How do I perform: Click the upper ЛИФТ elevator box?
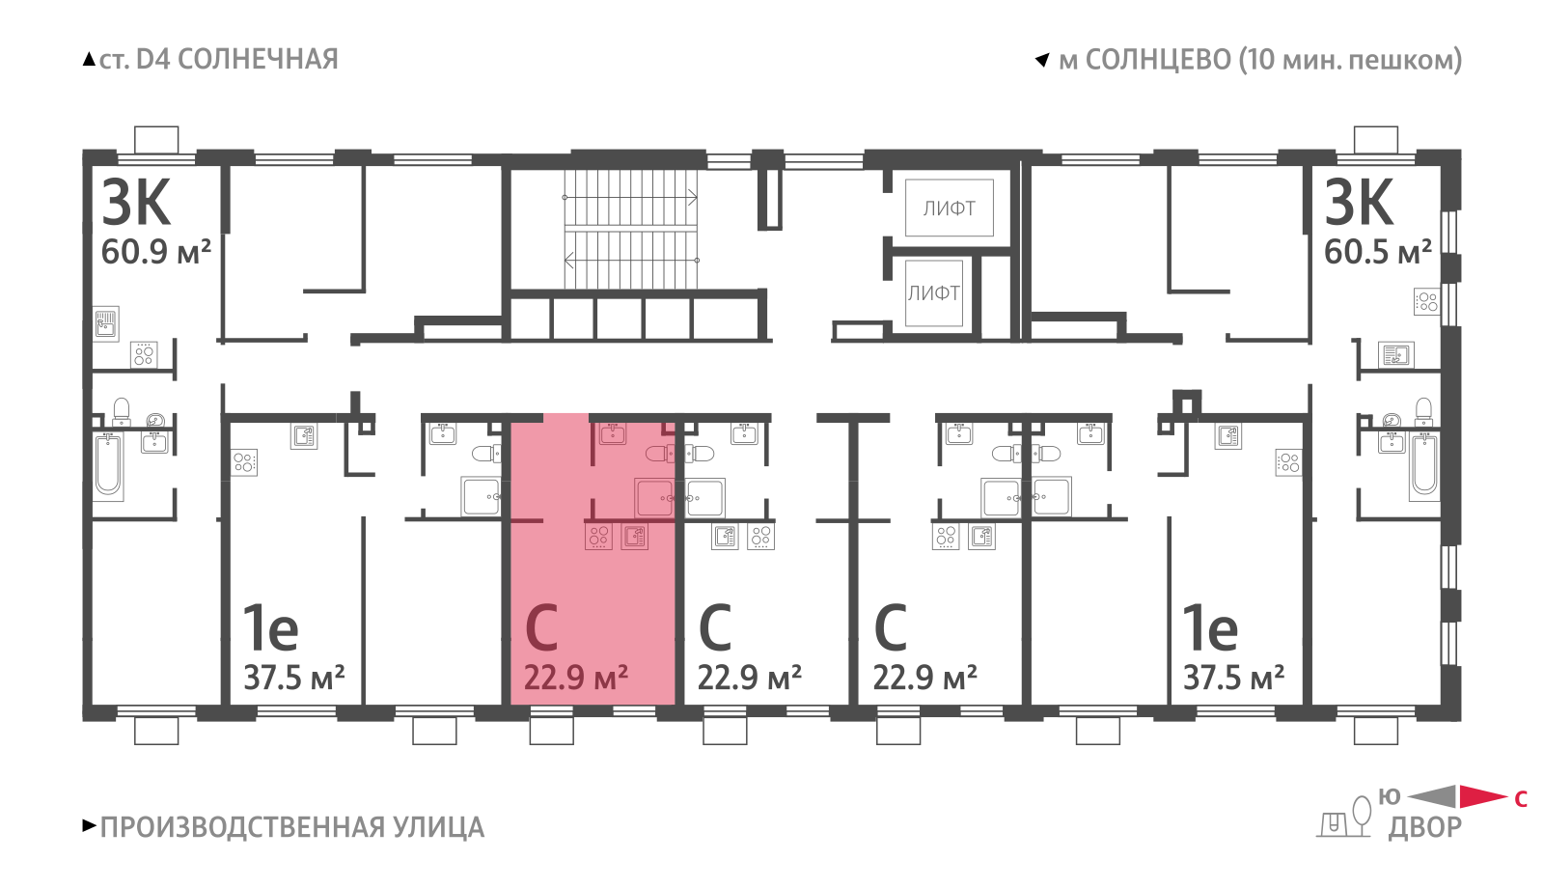coord(950,208)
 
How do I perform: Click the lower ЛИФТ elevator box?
coord(934,293)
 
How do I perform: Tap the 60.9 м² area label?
coord(155,252)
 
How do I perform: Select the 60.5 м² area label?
coord(1378,252)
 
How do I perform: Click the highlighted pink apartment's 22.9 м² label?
coord(575,678)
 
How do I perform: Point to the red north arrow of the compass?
coord(1483,796)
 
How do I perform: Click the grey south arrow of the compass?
coord(1432,796)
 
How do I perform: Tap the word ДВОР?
coord(1424,827)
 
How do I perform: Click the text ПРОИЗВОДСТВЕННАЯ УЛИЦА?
coord(292,827)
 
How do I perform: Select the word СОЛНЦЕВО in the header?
coord(1158,60)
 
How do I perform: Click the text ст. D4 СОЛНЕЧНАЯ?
coord(218,59)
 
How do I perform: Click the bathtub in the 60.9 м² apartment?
coord(108,465)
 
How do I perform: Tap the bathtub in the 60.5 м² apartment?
coord(1424,465)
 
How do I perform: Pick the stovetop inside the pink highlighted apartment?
coord(598,537)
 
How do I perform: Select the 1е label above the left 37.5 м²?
coord(271,627)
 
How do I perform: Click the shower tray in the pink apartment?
coord(654,497)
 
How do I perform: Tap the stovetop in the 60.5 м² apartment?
coord(1427,301)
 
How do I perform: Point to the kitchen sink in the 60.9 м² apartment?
coord(106,323)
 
